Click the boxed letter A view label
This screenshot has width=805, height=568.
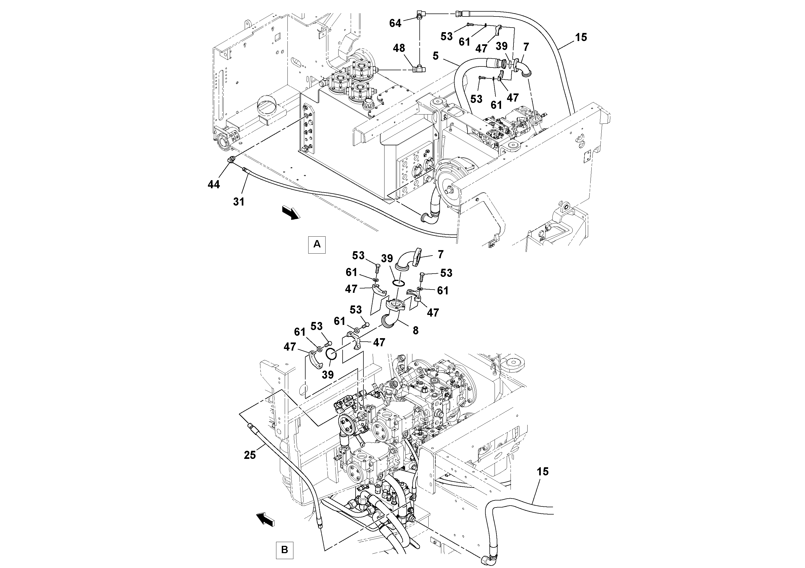[317, 244]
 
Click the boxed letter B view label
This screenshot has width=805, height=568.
[284, 550]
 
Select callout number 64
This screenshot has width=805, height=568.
[395, 23]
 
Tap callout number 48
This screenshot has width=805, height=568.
[399, 48]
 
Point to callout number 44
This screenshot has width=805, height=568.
[214, 184]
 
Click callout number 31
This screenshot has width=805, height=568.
[238, 202]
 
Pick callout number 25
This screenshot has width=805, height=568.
[250, 455]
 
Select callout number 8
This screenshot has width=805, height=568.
[415, 331]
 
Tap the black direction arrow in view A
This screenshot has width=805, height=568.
[291, 213]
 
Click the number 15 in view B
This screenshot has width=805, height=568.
[542, 472]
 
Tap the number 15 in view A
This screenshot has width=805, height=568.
[581, 38]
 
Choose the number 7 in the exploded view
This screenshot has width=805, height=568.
[441, 255]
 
